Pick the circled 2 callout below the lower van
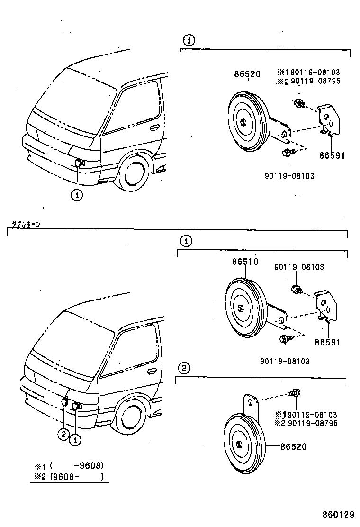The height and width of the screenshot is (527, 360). click(x=63, y=433)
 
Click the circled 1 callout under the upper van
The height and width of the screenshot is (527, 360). click(x=77, y=194)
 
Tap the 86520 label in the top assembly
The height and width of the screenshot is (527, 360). click(x=247, y=74)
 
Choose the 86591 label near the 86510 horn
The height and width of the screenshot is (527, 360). click(x=327, y=342)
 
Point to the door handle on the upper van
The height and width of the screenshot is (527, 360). click(x=153, y=127)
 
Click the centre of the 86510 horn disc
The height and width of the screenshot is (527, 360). click(x=241, y=309)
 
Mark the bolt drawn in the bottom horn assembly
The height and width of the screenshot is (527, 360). click(x=294, y=392)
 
